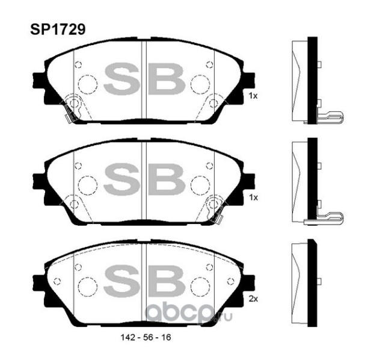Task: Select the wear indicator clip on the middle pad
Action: pyautogui.click(x=213, y=208)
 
